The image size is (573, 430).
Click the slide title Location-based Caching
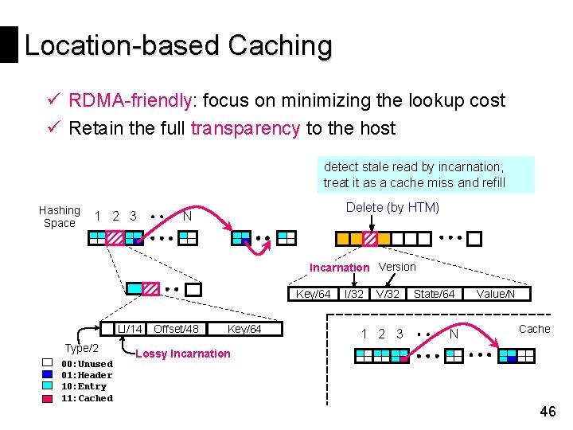178,45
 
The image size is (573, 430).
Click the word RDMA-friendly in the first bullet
131,100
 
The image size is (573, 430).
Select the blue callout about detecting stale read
425,175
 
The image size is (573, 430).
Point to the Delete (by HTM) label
392,208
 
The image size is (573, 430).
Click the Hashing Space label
60,217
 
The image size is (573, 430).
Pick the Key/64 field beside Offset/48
244,329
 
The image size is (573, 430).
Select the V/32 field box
388,295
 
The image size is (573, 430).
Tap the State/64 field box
435,295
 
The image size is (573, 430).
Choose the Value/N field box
495,295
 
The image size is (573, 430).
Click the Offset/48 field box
176,329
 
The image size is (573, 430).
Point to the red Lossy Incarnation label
183,354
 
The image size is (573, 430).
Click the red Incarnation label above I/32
339,268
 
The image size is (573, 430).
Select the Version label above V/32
397,267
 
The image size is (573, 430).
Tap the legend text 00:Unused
87,364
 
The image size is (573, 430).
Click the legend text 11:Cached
87,398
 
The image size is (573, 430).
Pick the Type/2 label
82,348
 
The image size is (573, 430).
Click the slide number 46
548,412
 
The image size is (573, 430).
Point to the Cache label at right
534,329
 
